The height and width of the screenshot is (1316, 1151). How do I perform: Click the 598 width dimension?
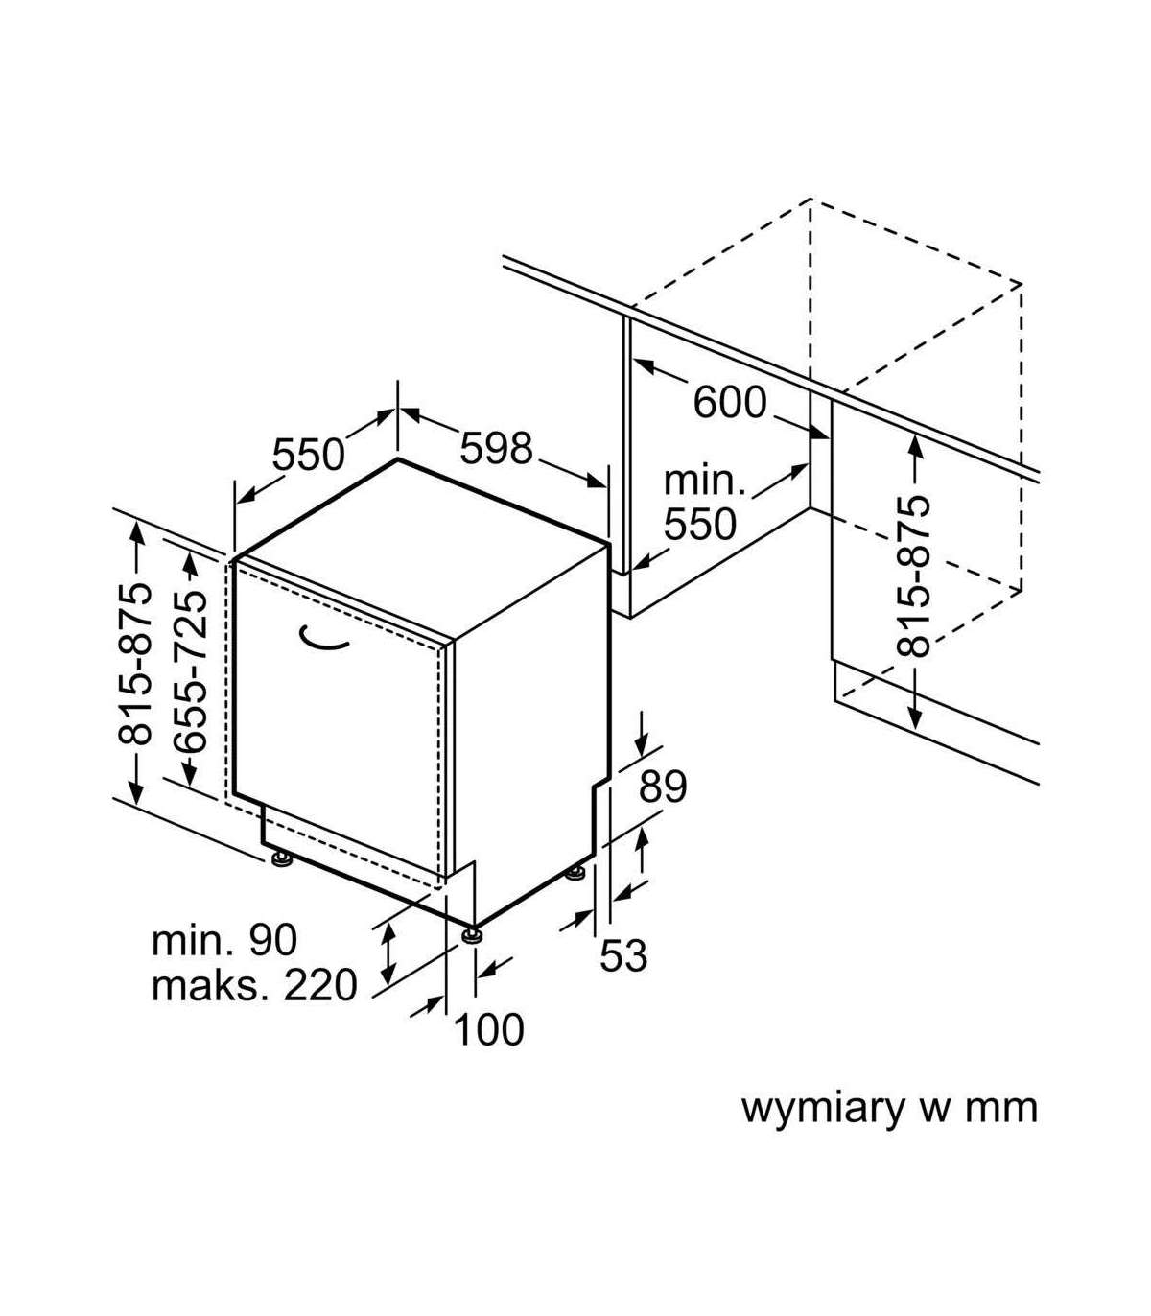[x=496, y=448]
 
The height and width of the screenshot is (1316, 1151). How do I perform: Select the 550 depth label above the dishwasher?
[x=308, y=455]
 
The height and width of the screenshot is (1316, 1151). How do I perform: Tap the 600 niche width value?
[x=730, y=403]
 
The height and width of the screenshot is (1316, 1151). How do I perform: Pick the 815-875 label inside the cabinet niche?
[x=913, y=576]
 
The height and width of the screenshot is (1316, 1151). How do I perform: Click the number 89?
[x=664, y=787]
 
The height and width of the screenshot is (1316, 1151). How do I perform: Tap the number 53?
[x=623, y=955]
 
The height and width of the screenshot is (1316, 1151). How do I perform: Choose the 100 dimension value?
[x=488, y=1029]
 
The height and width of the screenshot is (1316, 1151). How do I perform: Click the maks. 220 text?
[x=254, y=985]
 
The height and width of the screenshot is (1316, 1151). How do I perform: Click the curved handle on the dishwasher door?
[x=324, y=640]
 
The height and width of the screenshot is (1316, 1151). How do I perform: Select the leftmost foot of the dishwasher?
[x=281, y=858]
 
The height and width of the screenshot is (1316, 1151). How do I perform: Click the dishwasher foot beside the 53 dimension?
[x=575, y=873]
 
